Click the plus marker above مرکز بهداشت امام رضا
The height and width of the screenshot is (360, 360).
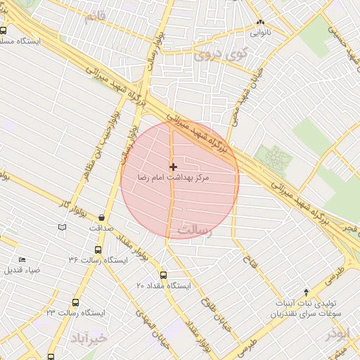(173, 167)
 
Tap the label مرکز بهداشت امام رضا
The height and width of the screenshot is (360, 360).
(173, 180)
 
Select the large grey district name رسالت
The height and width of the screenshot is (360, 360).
(195, 231)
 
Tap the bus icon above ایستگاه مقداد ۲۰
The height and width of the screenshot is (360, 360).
(164, 275)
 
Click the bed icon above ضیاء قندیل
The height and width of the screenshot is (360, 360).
(22, 260)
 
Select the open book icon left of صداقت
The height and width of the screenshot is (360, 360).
(63, 227)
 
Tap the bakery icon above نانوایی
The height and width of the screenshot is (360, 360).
(260, 22)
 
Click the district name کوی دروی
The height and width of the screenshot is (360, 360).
(221, 52)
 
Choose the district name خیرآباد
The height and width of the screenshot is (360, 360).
(88, 339)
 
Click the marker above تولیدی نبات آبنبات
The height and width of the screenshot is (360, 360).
(306, 292)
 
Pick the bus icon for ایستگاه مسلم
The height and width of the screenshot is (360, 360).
(4, 30)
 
